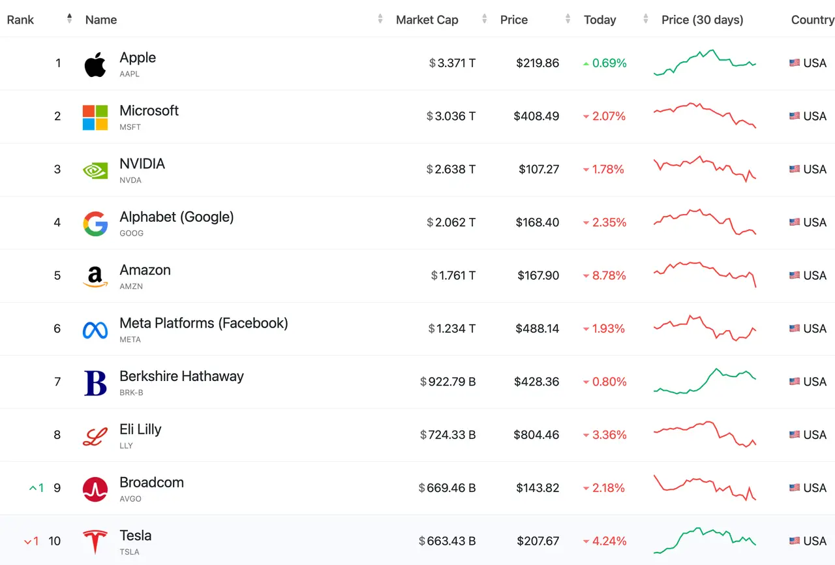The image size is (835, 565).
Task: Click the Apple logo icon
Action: (95, 65)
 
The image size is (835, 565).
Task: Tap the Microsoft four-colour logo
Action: (95, 117)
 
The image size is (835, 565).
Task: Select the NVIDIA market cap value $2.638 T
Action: (451, 169)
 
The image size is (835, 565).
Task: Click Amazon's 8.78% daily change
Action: (604, 275)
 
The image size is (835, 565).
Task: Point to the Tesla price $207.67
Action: (538, 541)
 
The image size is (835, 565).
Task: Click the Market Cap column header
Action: (427, 20)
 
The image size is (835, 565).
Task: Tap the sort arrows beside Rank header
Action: (69, 18)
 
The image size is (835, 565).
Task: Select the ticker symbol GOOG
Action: (131, 234)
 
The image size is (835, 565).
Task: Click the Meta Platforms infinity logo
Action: (95, 330)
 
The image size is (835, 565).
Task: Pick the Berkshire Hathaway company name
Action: (181, 376)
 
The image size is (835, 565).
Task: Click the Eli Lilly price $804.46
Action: (536, 435)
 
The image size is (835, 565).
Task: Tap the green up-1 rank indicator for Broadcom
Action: (37, 488)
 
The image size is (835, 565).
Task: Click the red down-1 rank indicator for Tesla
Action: (31, 541)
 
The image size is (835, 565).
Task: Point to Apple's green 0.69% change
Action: (605, 63)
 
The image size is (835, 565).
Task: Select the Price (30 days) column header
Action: (703, 20)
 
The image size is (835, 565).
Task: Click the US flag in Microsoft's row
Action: (795, 116)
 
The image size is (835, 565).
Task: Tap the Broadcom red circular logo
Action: (95, 489)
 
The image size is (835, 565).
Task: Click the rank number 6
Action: (57, 328)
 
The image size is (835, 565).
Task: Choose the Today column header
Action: (600, 20)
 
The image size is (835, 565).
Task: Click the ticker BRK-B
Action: (131, 393)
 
